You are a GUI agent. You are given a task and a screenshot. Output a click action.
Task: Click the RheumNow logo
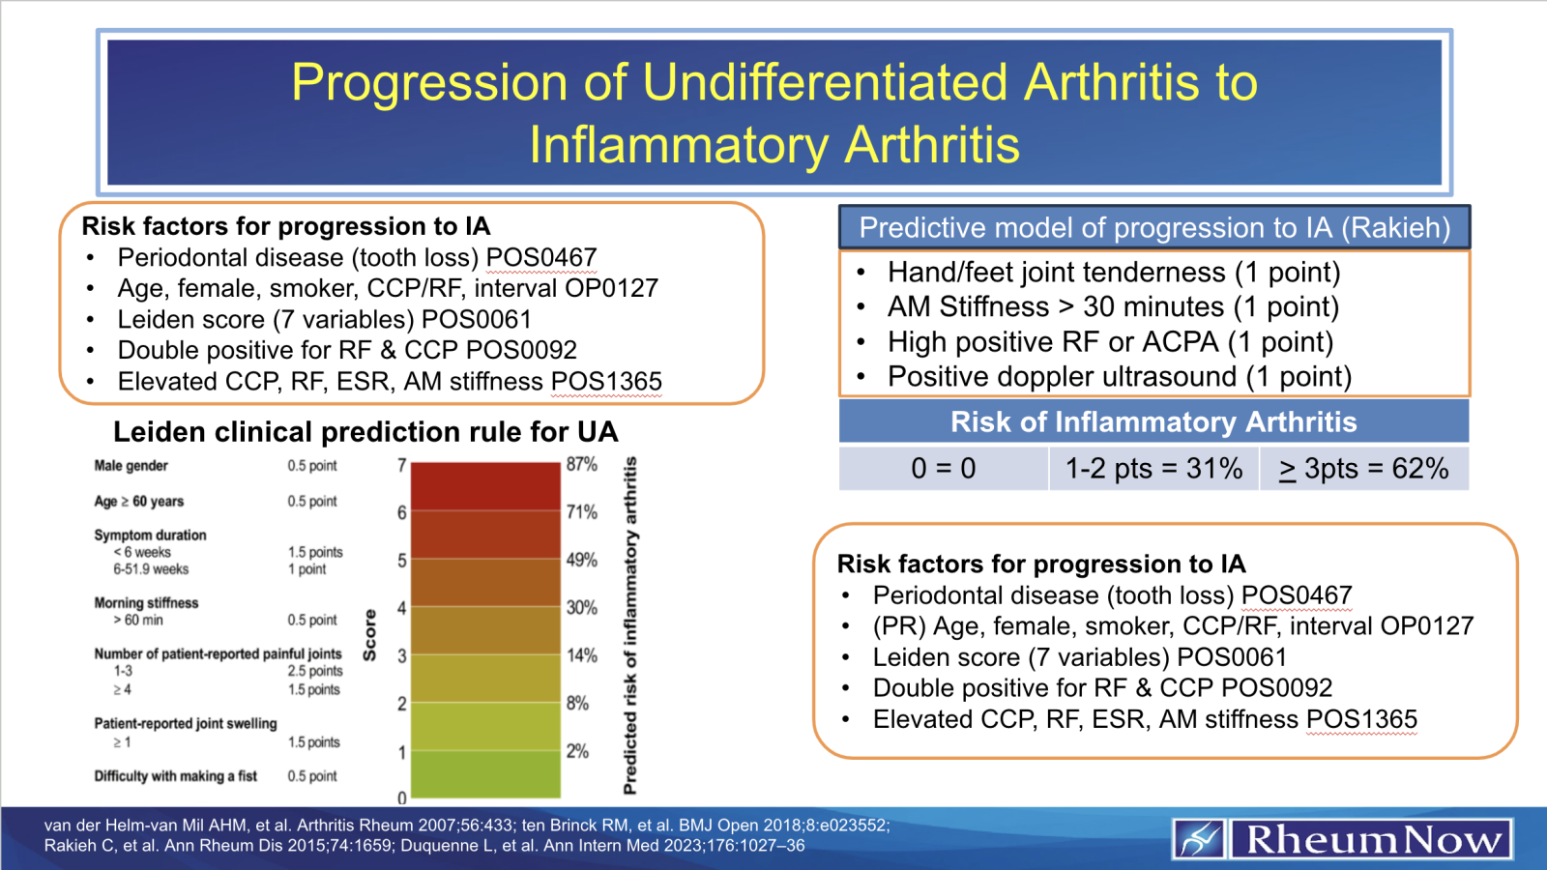(1342, 839)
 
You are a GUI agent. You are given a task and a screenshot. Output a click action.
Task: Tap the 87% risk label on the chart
(582, 464)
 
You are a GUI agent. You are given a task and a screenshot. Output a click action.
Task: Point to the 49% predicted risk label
(582, 560)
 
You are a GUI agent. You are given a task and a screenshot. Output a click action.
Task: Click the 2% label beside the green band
(577, 751)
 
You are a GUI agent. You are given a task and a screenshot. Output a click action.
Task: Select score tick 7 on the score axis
(401, 465)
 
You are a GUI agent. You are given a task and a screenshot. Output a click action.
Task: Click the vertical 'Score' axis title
(369, 635)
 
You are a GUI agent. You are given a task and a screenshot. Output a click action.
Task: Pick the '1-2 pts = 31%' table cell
(1153, 469)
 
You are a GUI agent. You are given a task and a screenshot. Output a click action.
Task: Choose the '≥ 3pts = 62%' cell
(1363, 469)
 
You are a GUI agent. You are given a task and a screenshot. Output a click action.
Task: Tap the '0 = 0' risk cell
(943, 469)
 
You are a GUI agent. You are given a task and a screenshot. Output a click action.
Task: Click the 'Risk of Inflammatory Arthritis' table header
(1153, 422)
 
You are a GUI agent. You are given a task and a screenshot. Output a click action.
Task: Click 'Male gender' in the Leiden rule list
(131, 466)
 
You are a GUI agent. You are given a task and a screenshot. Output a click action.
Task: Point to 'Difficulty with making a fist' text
(175, 776)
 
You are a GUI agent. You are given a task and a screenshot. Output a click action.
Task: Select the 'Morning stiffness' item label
(146, 603)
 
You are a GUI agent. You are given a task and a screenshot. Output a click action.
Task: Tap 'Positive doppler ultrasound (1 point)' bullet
(1119, 377)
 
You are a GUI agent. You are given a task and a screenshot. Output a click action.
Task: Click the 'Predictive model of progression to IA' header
(1153, 228)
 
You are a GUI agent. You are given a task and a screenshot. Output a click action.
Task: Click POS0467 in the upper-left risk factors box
(541, 258)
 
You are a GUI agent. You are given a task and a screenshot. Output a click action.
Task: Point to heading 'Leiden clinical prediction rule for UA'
(365, 432)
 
